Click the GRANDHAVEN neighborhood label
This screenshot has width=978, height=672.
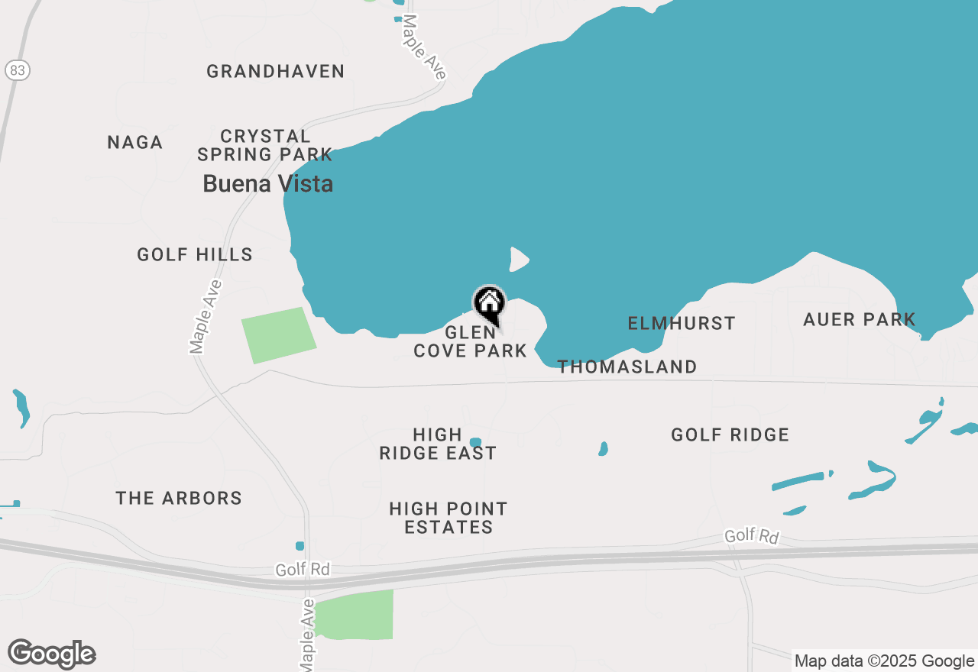(x=276, y=72)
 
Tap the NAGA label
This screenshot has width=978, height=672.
(x=135, y=143)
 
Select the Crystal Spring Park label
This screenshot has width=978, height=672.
(x=265, y=145)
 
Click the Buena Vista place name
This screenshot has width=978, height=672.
(x=267, y=184)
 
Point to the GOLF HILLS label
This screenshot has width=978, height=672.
(x=195, y=255)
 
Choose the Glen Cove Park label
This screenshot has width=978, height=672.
(x=470, y=342)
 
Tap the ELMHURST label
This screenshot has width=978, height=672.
(x=682, y=324)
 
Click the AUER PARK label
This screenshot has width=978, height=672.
(x=860, y=320)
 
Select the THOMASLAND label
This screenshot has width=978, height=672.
(x=627, y=367)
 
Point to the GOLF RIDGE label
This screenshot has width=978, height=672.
(x=730, y=435)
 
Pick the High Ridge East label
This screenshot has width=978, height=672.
(x=438, y=444)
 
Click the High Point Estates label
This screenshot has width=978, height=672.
(x=449, y=518)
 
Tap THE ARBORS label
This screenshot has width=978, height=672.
(x=179, y=499)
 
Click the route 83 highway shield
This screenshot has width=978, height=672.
(x=17, y=70)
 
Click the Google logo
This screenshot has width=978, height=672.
(x=51, y=654)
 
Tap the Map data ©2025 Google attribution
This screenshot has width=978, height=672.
(x=884, y=661)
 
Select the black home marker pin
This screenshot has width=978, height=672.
(x=489, y=303)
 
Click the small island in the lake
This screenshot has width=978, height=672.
(x=519, y=260)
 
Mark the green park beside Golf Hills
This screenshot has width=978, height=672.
(x=278, y=334)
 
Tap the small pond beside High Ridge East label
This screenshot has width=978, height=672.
(x=475, y=442)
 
